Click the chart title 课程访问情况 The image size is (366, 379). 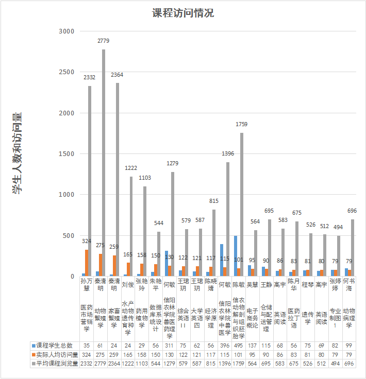[x=182, y=13]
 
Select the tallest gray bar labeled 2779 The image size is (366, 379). [x=103, y=163]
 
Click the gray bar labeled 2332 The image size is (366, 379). [x=90, y=181]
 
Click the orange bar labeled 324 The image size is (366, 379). [x=86, y=263]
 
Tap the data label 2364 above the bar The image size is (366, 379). [x=117, y=75]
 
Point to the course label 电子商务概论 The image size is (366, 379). [x=253, y=318]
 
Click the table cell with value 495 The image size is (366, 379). [x=239, y=346]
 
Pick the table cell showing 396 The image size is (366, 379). [x=225, y=346]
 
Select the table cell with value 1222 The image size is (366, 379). [x=128, y=364]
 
